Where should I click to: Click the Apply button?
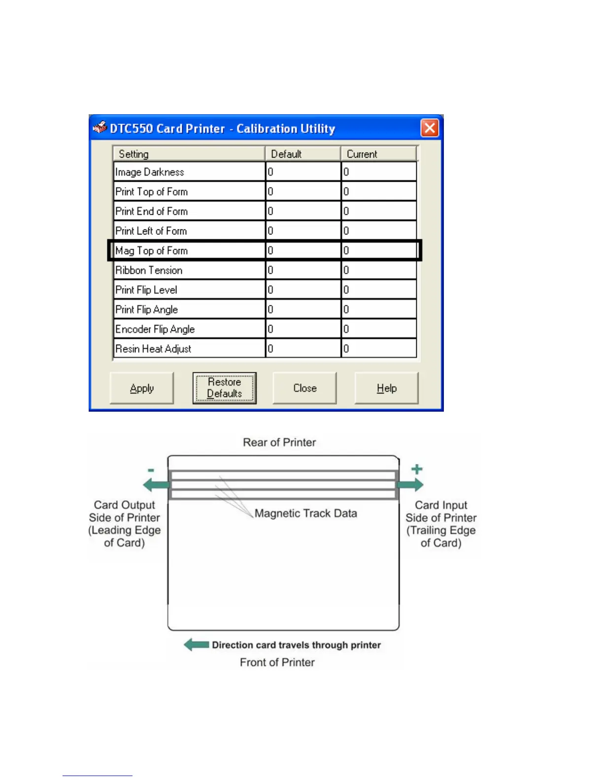[x=142, y=388]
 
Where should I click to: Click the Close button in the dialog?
[x=304, y=388]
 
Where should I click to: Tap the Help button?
[x=386, y=388]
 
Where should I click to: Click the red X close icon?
[x=430, y=128]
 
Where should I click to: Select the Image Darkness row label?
[x=150, y=172]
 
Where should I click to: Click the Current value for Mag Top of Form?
[x=378, y=251]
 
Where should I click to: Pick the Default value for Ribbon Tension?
[x=302, y=270]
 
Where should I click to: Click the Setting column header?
[x=134, y=154]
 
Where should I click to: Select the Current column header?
[x=362, y=154]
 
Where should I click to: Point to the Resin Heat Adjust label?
[x=153, y=349]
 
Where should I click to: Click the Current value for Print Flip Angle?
[x=378, y=310]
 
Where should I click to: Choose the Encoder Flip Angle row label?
[x=155, y=329]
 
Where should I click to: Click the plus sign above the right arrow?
[x=417, y=469]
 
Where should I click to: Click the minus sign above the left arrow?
[x=151, y=470]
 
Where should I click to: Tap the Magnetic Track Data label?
[x=305, y=513]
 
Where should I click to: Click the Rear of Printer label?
[x=279, y=442]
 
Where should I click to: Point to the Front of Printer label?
[x=277, y=662]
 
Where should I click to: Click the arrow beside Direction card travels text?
[x=196, y=645]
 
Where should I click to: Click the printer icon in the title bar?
[x=100, y=128]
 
